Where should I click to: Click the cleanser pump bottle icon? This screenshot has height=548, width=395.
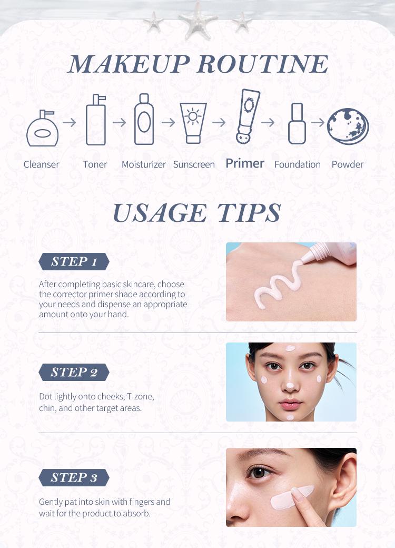pyautogui.click(x=43, y=130)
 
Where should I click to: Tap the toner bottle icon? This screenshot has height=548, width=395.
pyautogui.click(x=95, y=120)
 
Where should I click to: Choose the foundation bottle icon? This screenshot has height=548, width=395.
pyautogui.click(x=297, y=125)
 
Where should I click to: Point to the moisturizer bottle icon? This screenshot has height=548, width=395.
pyautogui.click(x=144, y=120)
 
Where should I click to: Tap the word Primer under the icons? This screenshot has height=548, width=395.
pyautogui.click(x=245, y=163)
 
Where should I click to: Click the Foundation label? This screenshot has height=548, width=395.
pyautogui.click(x=297, y=164)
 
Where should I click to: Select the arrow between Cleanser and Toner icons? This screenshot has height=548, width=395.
pyautogui.click(x=69, y=122)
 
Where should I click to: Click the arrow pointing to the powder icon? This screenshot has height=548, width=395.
pyautogui.click(x=318, y=122)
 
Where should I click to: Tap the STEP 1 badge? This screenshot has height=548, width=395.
pyautogui.click(x=74, y=262)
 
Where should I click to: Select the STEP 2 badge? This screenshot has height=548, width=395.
pyautogui.click(x=74, y=373)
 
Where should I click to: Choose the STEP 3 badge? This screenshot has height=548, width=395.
pyautogui.click(x=74, y=478)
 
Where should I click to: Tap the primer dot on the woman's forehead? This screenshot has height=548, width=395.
pyautogui.click(x=290, y=348)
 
